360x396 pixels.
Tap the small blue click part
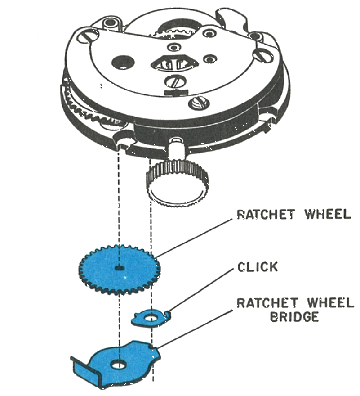point(141,318)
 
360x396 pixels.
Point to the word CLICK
point(258,267)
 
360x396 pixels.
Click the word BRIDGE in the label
point(294,317)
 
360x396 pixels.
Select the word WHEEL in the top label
point(328,214)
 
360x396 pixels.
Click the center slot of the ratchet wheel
point(120,268)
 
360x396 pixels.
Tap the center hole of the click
point(151,317)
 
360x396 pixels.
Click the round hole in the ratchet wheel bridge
point(119,364)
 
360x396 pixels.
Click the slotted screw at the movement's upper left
point(88,37)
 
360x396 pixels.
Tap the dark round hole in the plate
point(123,63)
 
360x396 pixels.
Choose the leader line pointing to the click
point(200,289)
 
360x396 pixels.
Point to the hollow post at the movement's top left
point(111,24)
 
